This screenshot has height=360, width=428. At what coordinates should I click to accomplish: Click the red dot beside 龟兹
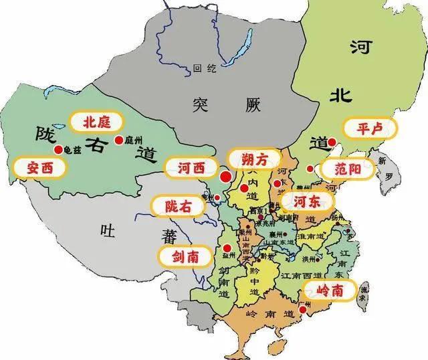click(x=58, y=149)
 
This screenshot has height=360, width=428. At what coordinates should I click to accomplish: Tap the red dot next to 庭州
click(x=118, y=140)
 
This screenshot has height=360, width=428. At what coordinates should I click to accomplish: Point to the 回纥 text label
click(x=201, y=68)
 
